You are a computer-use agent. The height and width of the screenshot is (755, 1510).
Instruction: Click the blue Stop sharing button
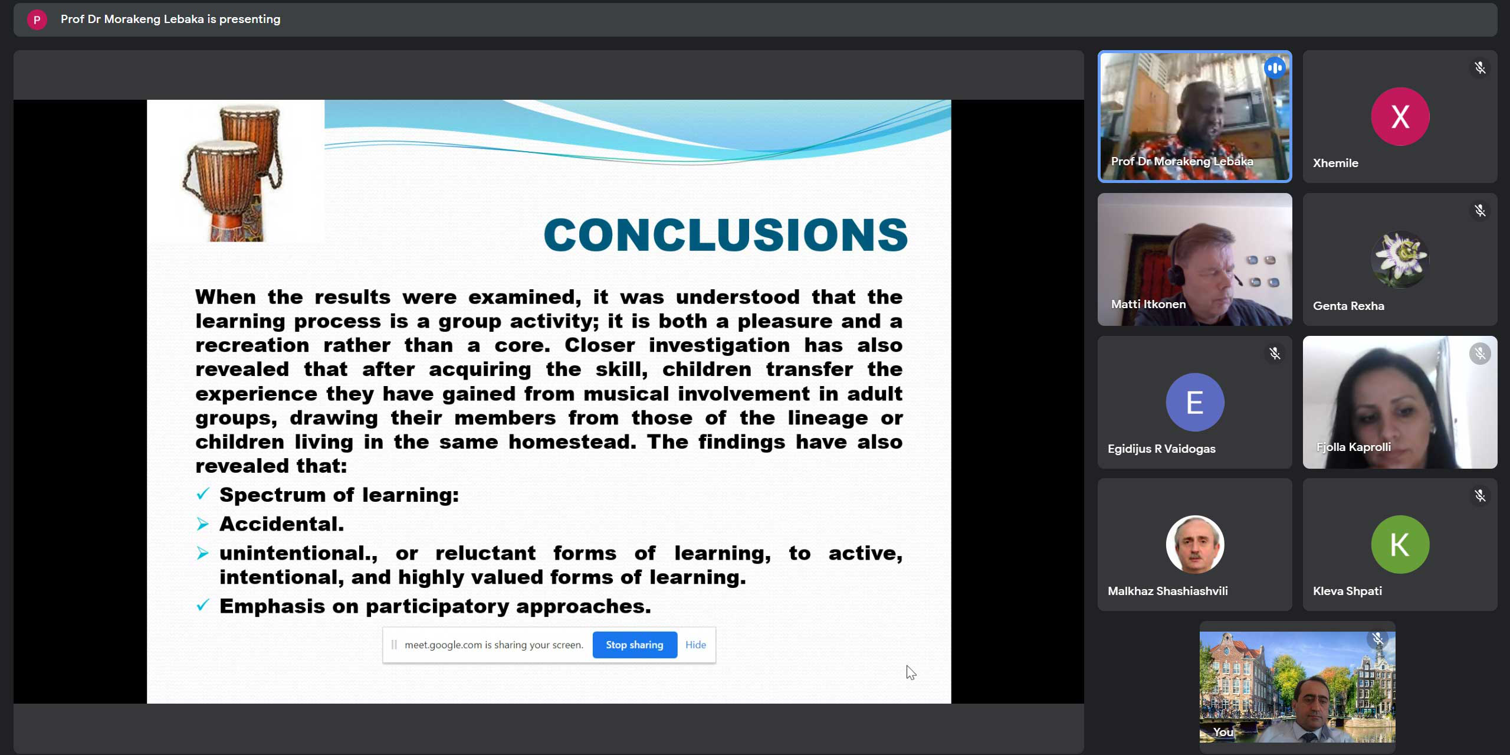click(x=635, y=645)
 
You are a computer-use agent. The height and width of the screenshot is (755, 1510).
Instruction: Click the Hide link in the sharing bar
click(x=695, y=645)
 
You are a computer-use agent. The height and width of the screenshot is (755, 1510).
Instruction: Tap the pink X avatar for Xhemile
click(x=1400, y=116)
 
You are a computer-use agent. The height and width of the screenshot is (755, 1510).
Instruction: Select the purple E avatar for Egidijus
click(x=1194, y=402)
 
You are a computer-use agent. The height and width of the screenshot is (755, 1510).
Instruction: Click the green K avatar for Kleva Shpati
click(x=1400, y=544)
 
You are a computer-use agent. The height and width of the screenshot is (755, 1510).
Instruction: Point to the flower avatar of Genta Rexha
click(x=1400, y=259)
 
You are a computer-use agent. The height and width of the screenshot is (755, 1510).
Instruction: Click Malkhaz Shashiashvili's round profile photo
click(x=1194, y=544)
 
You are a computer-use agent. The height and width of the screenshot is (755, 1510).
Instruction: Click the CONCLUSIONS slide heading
click(x=726, y=234)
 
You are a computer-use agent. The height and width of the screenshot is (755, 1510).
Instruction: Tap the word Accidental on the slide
click(x=281, y=524)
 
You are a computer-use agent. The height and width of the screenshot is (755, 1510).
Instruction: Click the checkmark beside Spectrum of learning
click(x=203, y=493)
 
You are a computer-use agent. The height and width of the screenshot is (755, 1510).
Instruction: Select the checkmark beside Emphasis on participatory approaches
click(x=203, y=605)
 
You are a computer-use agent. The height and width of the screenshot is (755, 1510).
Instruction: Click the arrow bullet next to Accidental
click(x=203, y=524)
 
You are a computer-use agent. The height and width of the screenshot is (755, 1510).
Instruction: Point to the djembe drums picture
click(x=232, y=172)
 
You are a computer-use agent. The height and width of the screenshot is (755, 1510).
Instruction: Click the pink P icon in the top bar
click(x=37, y=19)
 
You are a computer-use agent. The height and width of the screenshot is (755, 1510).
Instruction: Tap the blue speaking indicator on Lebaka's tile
click(x=1274, y=68)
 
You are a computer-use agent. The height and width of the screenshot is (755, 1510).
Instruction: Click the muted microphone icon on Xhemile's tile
click(x=1480, y=68)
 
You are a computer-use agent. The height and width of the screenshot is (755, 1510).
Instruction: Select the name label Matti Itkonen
click(x=1148, y=304)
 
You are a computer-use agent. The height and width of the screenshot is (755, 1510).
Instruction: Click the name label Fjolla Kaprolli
click(x=1353, y=447)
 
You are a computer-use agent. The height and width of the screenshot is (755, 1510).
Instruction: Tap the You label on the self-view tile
click(x=1223, y=732)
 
